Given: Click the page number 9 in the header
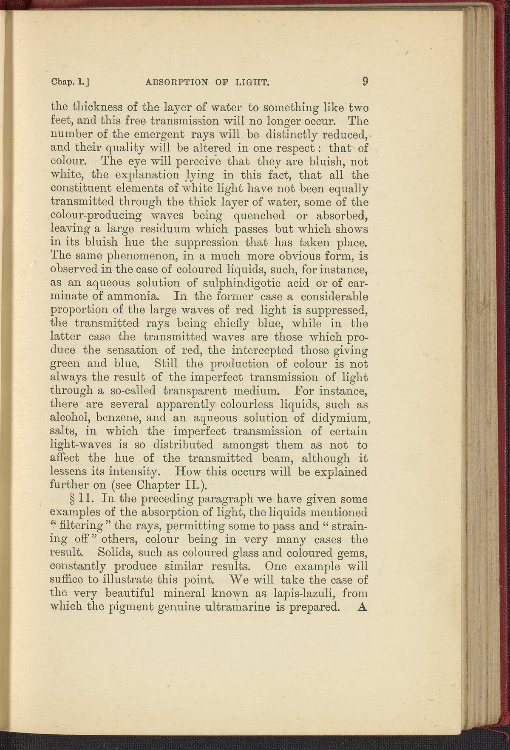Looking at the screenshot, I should (364, 81).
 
